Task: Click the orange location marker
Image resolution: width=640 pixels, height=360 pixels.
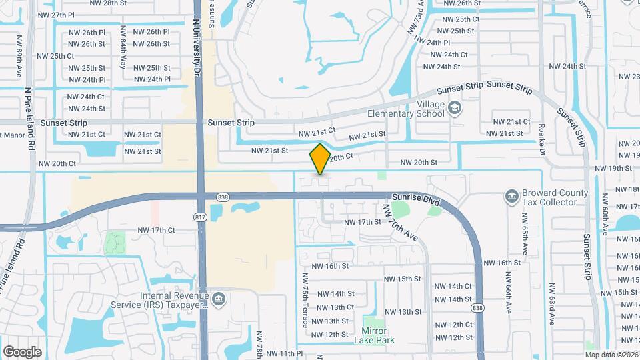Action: (320, 159)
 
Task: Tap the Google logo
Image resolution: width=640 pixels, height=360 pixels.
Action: (22, 351)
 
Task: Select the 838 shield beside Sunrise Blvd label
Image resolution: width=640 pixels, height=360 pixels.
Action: (224, 197)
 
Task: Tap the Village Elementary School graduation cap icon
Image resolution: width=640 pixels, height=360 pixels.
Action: (455, 108)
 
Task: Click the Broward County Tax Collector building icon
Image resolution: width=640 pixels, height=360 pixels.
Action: (512, 196)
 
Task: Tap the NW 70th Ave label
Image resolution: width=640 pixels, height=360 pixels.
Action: (400, 222)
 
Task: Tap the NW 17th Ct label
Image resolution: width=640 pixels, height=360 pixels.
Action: (156, 230)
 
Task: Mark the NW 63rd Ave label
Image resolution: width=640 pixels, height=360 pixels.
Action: (552, 306)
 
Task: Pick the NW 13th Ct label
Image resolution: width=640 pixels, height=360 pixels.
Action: (335, 307)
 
